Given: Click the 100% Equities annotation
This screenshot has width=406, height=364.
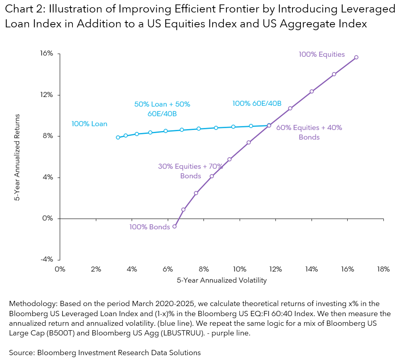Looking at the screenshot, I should (321, 54).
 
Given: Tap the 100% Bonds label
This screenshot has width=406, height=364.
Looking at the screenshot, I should (149, 227).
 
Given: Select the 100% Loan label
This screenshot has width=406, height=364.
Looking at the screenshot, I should (89, 124).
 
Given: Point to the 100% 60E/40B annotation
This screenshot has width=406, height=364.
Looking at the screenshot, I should (257, 103).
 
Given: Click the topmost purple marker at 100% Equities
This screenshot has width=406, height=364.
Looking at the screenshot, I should (356, 57).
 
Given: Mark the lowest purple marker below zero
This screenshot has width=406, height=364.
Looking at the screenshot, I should (174, 226).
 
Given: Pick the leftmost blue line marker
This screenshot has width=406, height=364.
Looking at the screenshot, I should (118, 138).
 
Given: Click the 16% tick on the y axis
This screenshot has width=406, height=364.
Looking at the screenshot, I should (48, 54).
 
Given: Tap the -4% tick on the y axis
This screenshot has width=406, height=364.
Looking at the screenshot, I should (48, 260).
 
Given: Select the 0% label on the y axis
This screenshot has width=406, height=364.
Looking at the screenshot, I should (49, 219).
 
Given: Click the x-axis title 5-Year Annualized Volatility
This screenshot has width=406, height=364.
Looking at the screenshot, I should (222, 281).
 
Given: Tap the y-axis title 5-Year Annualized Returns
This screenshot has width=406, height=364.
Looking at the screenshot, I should (17, 157).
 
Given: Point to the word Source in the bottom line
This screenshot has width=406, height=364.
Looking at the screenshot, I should (21, 353).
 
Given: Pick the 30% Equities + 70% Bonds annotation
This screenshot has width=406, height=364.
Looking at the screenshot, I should (190, 171).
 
